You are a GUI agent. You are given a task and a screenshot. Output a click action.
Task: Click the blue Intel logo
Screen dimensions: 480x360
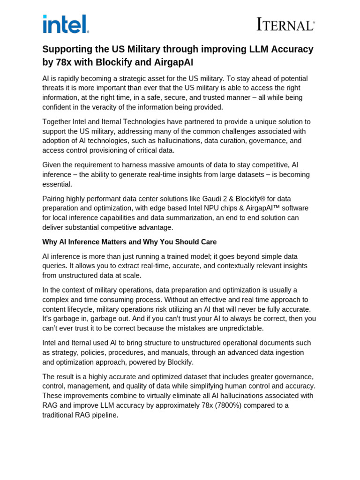[66, 24]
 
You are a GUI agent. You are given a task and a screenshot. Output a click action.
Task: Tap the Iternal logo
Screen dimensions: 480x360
[285, 24]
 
